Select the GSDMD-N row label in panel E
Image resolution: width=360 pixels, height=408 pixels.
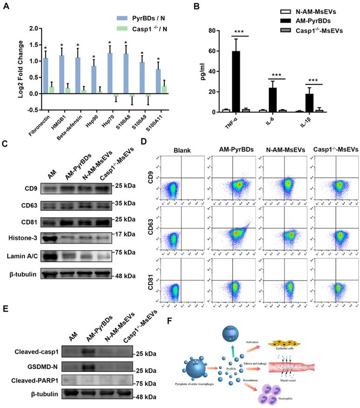click(31, 365)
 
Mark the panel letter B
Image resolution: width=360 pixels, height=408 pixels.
click(210, 7)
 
